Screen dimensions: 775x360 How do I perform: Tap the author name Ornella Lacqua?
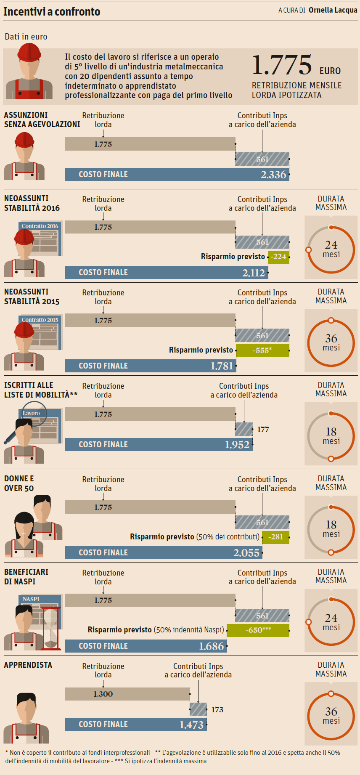click(x=333, y=10)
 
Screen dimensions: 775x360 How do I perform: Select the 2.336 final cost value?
click(x=273, y=175)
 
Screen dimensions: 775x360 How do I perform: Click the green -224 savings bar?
click(x=279, y=257)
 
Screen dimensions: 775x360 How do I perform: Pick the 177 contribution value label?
click(x=263, y=430)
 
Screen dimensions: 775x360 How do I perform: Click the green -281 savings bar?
click(x=276, y=537)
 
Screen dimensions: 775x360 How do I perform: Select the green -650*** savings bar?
click(x=258, y=630)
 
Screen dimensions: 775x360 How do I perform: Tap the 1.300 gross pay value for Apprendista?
click(x=103, y=694)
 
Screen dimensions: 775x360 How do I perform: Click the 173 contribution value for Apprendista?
click(x=217, y=710)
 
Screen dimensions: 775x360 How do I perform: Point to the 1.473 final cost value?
click(x=191, y=725)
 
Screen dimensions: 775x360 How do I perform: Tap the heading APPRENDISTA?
click(x=28, y=665)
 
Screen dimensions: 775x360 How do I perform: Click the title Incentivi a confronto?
click(x=52, y=12)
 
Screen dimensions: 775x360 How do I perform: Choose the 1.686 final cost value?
click(x=212, y=646)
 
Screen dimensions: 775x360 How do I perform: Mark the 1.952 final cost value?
click(x=237, y=445)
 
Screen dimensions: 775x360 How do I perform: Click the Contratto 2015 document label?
click(x=40, y=320)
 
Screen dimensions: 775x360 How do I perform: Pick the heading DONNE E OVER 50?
click(x=19, y=483)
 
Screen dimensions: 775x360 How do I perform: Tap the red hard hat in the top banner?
click(x=29, y=53)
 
